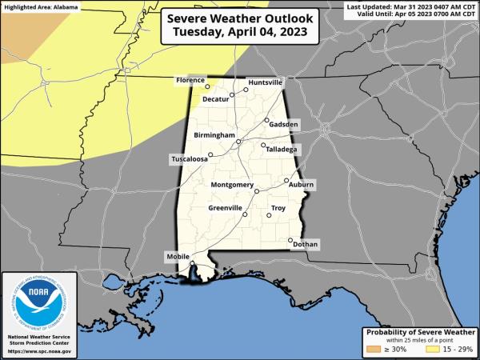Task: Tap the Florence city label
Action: tap(190, 81)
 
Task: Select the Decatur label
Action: tap(215, 99)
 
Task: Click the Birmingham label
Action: tap(213, 136)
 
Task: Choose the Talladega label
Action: tap(281, 150)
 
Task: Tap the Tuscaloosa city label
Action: tap(190, 159)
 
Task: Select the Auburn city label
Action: tap(302, 185)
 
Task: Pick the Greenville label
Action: tap(225, 208)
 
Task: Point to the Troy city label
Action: tap(278, 208)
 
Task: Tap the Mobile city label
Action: tap(177, 256)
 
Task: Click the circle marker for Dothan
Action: tap(290, 239)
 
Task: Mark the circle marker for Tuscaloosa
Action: tap(210, 154)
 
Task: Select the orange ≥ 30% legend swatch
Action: tap(373, 349)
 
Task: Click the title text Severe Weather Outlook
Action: tap(239, 17)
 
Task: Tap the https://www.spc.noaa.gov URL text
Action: tap(39, 351)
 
